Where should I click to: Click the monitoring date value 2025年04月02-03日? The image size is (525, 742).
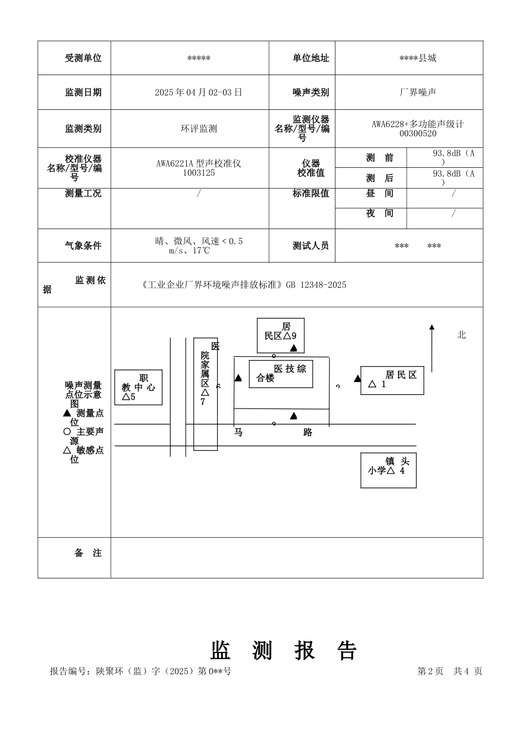coord(198,92)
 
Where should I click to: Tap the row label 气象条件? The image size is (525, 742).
coord(83,246)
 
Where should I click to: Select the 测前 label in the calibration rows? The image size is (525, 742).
coord(380,158)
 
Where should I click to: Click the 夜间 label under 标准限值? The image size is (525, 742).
coord(380,213)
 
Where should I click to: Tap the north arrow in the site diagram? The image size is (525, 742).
coord(432,348)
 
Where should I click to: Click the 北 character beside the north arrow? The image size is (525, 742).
coord(461,335)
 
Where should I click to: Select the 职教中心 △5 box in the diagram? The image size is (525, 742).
coord(138,387)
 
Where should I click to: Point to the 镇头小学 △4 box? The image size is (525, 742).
coord(389,470)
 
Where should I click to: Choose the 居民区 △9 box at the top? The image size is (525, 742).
coord(281,335)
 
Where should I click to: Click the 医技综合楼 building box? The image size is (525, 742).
coord(281,374)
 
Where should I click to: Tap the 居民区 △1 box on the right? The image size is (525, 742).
coord(392,380)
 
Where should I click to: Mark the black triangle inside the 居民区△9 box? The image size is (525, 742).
coord(293,348)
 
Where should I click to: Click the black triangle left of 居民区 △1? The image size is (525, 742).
coord(358,379)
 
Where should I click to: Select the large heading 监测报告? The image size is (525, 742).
coord(284,650)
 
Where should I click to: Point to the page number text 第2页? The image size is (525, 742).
coord(431,671)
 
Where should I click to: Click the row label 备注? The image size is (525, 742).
coord(88,553)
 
